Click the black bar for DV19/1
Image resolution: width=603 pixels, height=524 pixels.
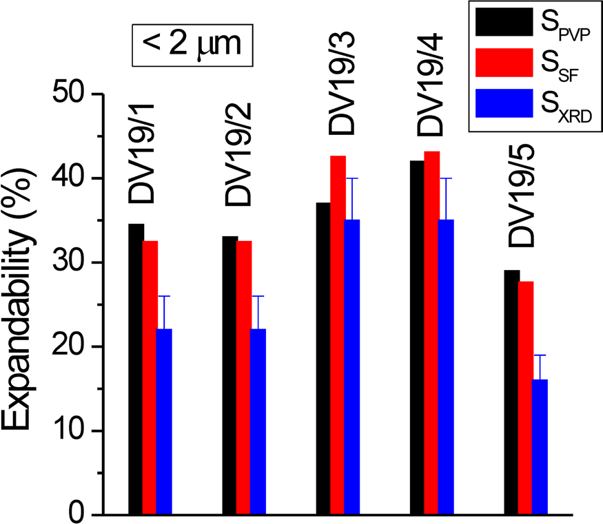pyautogui.click(x=136, y=369)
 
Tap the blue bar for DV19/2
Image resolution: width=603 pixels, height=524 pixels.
pyautogui.click(x=258, y=421)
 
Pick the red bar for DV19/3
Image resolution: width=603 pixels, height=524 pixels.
pyautogui.click(x=338, y=335)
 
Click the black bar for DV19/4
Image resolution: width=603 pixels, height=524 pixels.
pyautogui.click(x=417, y=337)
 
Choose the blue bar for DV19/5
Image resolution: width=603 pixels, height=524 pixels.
pyautogui.click(x=540, y=447)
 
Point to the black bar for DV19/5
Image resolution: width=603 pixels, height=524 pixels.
pyautogui.click(x=511, y=392)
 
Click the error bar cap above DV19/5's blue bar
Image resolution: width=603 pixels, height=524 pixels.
pyautogui.click(x=540, y=355)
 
